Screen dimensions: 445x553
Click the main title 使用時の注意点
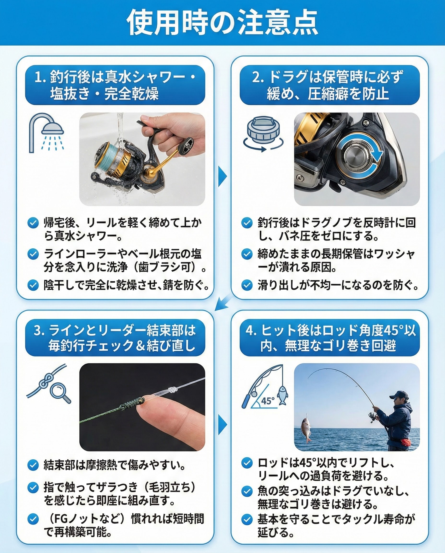click(x=222, y=23)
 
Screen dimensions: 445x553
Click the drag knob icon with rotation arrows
click(x=263, y=134)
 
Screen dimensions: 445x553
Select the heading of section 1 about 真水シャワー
click(x=115, y=85)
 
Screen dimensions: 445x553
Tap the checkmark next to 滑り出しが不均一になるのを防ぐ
click(x=247, y=285)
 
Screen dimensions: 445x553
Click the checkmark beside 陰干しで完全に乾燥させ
click(x=33, y=285)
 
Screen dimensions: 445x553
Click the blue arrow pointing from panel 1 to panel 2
click(x=222, y=176)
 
